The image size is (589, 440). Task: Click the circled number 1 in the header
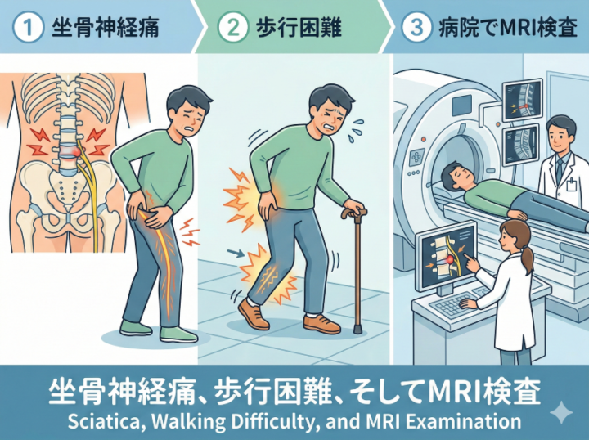(28, 29)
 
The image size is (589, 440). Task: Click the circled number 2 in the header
(233, 29)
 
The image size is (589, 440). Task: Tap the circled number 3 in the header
(416, 29)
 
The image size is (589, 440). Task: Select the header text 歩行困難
(299, 28)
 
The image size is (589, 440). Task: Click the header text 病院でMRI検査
(508, 28)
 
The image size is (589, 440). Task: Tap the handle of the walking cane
(354, 213)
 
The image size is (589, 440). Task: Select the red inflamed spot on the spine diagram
(75, 151)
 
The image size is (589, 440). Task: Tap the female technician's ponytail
(527, 258)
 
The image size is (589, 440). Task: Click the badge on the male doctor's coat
(571, 184)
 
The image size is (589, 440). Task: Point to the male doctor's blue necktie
(560, 168)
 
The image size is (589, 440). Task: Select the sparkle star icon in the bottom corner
(561, 412)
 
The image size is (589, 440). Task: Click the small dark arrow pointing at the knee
(236, 254)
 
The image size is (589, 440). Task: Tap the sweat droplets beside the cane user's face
(354, 131)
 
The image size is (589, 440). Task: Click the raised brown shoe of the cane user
(253, 314)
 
